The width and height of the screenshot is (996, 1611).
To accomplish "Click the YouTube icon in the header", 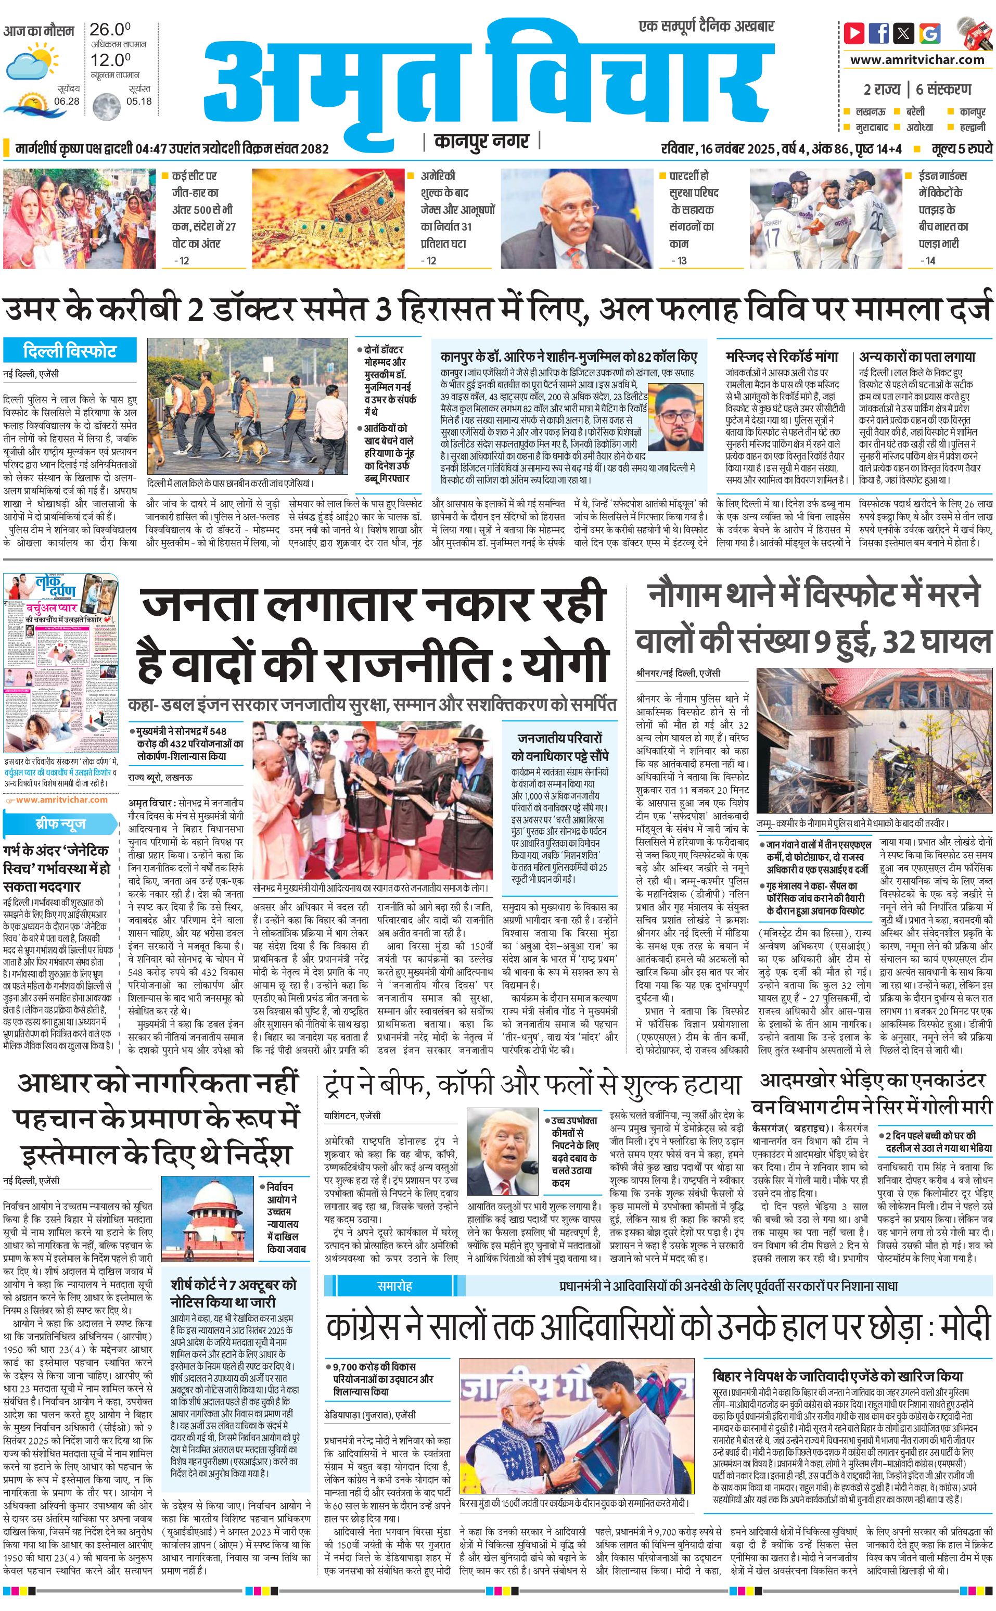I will tap(854, 32).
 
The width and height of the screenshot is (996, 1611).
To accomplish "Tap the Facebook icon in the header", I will tap(879, 32).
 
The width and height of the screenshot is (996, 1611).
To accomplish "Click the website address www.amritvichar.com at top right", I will tap(917, 59).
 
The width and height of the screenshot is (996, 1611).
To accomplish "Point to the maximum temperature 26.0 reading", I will tap(109, 30).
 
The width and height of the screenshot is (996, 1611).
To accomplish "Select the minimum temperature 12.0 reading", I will tap(109, 60).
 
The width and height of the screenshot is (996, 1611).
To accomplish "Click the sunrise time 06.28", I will tap(67, 102).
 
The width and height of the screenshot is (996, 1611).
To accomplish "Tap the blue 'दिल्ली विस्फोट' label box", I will tap(69, 350).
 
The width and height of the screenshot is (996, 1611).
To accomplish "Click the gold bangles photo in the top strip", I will tap(328, 218).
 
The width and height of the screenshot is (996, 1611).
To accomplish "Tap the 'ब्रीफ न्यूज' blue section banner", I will tap(60, 823).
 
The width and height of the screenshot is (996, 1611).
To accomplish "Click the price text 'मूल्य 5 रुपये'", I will tap(961, 149).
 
